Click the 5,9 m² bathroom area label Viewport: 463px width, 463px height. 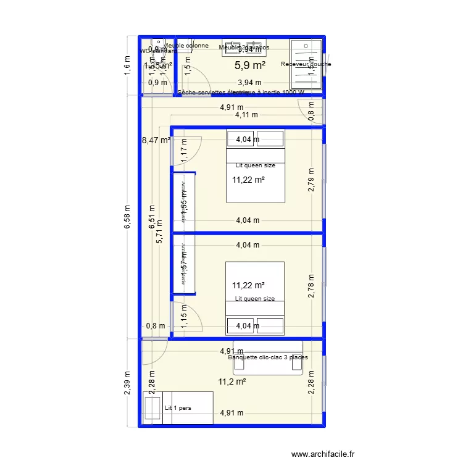pos(250,65)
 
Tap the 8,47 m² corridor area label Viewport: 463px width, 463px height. pos(156,141)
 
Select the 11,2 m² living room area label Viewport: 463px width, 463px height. pos(232,382)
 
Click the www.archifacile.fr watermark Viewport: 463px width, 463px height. pos(324,454)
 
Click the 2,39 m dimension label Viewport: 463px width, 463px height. pos(127,382)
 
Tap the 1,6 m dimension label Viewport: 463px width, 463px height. pos(127,65)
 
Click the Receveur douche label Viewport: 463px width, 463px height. pos(306,64)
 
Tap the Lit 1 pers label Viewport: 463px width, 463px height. pos(178,408)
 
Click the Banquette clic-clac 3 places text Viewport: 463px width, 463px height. pos(268,357)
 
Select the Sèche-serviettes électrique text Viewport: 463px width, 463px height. pos(241,93)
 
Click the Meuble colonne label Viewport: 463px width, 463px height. pos(186,46)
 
